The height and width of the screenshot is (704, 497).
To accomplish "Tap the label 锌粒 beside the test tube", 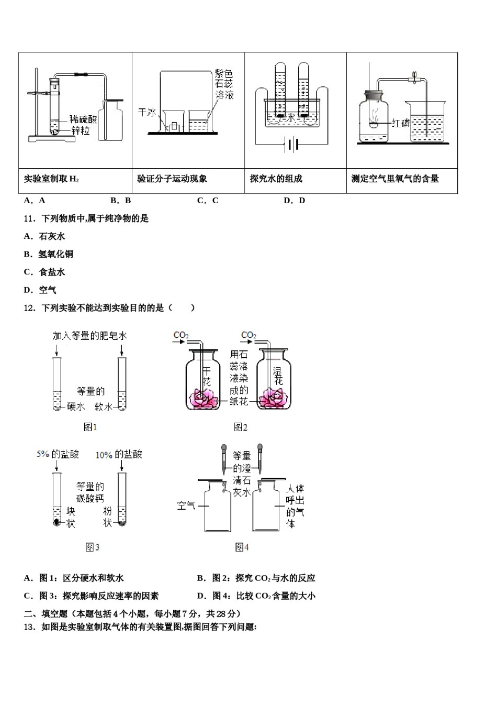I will (81, 130).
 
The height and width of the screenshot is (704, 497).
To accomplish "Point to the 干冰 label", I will (146, 112).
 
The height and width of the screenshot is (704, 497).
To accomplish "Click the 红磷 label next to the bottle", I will (401, 123).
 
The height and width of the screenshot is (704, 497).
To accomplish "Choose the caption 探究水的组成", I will (276, 179).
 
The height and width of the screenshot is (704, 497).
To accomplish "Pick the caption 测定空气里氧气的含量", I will (395, 179).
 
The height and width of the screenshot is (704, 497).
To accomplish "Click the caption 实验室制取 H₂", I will (52, 179).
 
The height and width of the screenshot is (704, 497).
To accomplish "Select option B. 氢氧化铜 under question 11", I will (49, 254).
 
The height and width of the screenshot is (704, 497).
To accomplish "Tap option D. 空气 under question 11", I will (40, 290).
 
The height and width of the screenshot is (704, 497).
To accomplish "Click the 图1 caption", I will (91, 427).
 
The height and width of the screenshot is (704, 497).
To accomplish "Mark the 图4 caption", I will (241, 547).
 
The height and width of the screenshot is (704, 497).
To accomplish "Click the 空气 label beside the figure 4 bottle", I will (186, 505).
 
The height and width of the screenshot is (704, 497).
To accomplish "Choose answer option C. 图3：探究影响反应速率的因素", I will (92, 596).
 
